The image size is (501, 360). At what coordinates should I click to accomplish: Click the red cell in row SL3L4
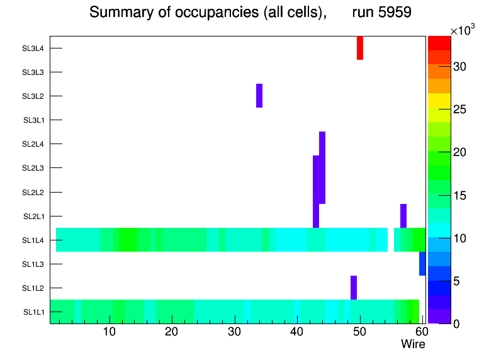pos(360,48)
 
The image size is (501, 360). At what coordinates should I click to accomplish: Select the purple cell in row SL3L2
pos(259,96)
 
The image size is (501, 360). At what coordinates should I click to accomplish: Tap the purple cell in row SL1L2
pos(354,288)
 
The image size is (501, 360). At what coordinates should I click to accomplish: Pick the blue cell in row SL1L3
pos(422,264)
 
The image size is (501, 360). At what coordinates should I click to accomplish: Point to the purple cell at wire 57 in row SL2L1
pos(403,216)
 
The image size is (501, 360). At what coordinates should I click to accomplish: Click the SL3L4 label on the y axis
pos(33,48)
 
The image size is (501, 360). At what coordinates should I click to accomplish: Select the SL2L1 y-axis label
pos(33,216)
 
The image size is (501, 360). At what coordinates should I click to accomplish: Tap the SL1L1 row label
pos(33,312)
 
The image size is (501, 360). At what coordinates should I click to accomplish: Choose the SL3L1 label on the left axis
pos(33,120)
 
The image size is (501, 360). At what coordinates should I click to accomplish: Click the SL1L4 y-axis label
pos(33,240)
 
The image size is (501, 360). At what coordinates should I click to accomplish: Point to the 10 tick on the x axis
pos(110,332)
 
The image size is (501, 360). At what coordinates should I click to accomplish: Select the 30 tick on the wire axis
pos(234,332)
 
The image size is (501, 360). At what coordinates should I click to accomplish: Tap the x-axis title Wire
pos(413,344)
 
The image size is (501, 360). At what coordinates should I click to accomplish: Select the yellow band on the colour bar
pos(439,99)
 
